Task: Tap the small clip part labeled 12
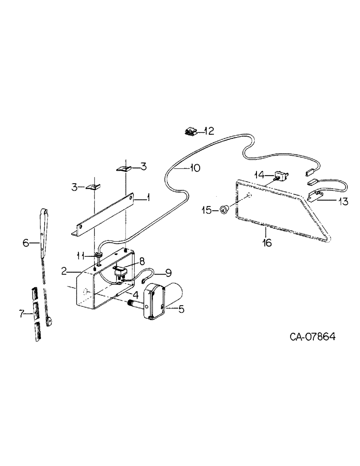pos(192,132)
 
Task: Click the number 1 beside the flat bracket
pos(147,198)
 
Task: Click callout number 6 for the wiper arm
pos(27,242)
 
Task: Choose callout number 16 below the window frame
pos(266,243)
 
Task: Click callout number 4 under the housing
pos(134,295)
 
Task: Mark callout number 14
pos(259,174)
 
